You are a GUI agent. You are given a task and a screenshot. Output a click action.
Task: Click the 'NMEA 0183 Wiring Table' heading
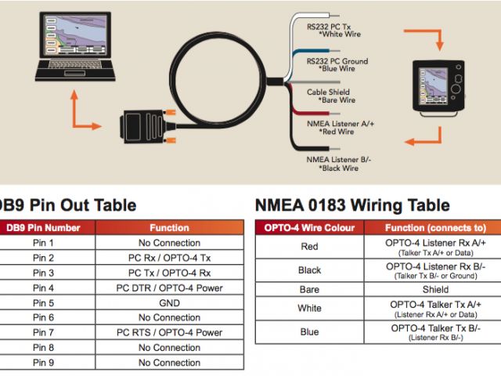click(352, 206)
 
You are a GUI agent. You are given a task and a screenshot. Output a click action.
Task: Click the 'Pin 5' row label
click(44, 302)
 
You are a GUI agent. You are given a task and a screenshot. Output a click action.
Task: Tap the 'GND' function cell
click(169, 302)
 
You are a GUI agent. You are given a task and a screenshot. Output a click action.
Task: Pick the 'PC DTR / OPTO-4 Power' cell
click(169, 287)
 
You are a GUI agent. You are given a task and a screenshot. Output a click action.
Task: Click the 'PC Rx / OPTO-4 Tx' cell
click(169, 258)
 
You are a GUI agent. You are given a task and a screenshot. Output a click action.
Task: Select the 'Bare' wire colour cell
click(310, 288)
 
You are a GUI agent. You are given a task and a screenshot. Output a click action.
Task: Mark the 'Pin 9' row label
click(44, 362)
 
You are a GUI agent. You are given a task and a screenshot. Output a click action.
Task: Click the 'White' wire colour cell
click(310, 308)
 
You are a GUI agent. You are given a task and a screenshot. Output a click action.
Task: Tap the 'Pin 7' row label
click(44, 332)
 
